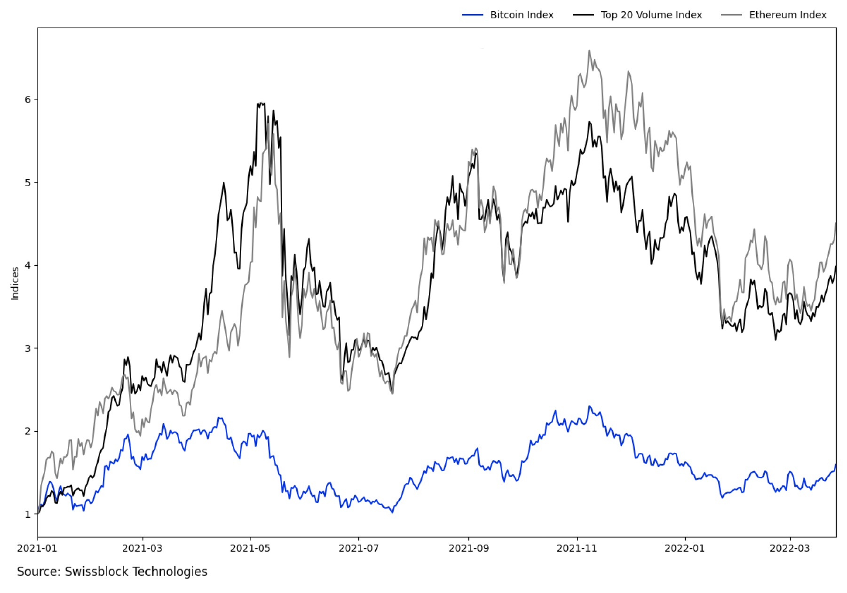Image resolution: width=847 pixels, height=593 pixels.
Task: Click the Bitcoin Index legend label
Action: pyautogui.click(x=522, y=15)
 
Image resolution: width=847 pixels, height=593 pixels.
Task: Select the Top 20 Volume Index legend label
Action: pyautogui.click(x=651, y=15)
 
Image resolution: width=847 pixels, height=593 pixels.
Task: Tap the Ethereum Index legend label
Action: pyautogui.click(x=787, y=15)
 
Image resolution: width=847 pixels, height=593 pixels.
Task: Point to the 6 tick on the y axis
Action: pyautogui.click(x=28, y=100)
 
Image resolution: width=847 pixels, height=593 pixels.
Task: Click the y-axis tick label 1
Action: pyautogui.click(x=28, y=514)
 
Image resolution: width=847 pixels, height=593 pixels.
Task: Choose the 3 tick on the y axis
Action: pyautogui.click(x=28, y=348)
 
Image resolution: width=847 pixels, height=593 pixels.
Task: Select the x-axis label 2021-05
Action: pyautogui.click(x=250, y=548)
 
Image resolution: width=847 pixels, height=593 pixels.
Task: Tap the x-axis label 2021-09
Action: pyautogui.click(x=468, y=548)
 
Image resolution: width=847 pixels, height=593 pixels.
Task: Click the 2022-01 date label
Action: pyautogui.click(x=685, y=548)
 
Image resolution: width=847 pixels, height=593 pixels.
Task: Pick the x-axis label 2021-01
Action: pyautogui.click(x=37, y=548)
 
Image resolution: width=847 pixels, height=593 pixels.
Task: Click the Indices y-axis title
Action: pyautogui.click(x=15, y=283)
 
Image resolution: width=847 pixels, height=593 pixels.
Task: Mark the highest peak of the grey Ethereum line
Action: pyautogui.click(x=589, y=51)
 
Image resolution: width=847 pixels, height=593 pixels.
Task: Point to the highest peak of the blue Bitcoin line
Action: pyautogui.click(x=589, y=406)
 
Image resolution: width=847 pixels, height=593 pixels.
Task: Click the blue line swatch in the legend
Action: pyautogui.click(x=472, y=15)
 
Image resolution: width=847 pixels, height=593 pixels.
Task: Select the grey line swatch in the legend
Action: pyautogui.click(x=731, y=15)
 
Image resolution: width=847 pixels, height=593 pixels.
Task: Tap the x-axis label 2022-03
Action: pyautogui.click(x=790, y=548)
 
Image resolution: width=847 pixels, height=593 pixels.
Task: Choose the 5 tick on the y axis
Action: pyautogui.click(x=28, y=182)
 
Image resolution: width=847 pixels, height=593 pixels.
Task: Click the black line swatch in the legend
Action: pyautogui.click(x=583, y=15)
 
